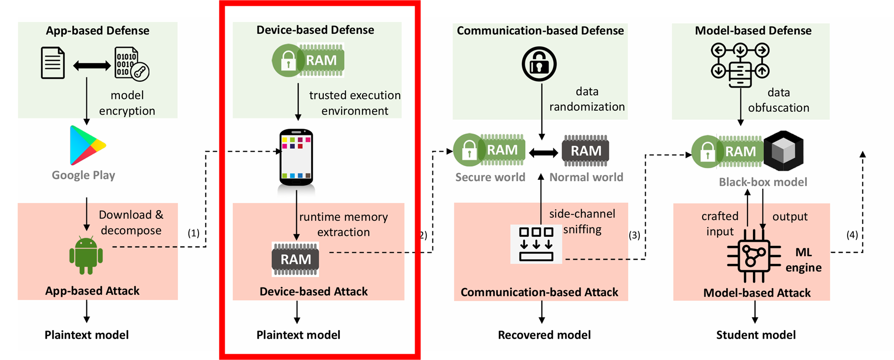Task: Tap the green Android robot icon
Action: tap(86, 256)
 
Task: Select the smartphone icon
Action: tap(296, 158)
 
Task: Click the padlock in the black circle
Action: tap(539, 64)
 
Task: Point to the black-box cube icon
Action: tap(783, 151)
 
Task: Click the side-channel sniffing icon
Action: tap(536, 244)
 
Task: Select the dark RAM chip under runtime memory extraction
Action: tap(295, 259)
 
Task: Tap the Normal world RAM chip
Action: tap(586, 151)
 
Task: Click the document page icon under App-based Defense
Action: tap(53, 63)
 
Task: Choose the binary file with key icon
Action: tap(131, 64)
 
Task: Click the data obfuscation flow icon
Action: tap(740, 65)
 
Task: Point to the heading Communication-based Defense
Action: tap(540, 31)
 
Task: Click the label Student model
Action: tap(756, 335)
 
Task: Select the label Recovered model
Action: tap(544, 335)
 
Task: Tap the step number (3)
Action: tap(634, 235)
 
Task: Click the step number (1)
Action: tap(193, 233)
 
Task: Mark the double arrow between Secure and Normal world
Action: tap(543, 153)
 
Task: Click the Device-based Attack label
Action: tap(314, 291)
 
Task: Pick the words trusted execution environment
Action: tap(355, 103)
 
